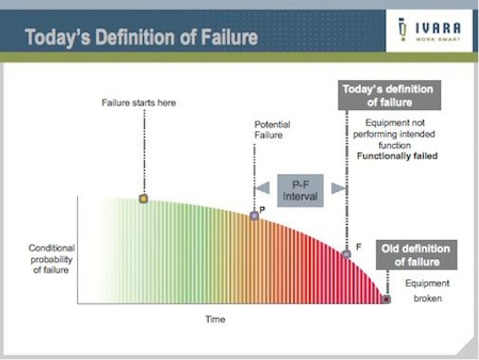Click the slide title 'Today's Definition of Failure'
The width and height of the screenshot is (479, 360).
tap(141, 37)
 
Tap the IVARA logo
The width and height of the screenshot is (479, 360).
tap(429, 30)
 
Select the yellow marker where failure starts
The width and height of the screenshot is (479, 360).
tap(143, 199)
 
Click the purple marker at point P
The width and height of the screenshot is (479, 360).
tap(254, 215)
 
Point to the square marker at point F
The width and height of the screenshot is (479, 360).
tap(347, 254)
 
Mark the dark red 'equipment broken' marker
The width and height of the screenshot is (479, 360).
tap(387, 299)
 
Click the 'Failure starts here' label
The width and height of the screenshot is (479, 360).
tap(139, 103)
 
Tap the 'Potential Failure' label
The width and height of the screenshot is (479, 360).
tap(272, 130)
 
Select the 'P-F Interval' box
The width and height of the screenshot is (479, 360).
tap(300, 190)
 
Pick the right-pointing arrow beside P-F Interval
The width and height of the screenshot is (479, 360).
tap(338, 188)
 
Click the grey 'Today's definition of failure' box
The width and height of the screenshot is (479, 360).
tap(389, 95)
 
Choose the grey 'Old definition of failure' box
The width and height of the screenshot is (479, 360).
tap(416, 255)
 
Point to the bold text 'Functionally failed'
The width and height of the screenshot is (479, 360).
tap(397, 156)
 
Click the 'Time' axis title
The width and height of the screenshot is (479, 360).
tap(216, 319)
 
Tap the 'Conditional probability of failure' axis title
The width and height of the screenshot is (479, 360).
tap(51, 259)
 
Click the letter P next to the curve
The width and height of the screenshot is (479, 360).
tap(262, 210)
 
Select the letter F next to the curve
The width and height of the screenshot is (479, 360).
tap(359, 247)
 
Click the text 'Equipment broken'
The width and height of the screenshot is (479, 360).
tap(427, 291)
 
